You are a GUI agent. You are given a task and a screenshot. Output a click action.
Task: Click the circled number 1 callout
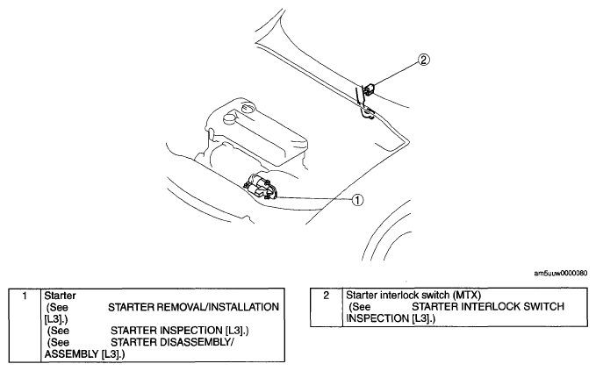(357, 199)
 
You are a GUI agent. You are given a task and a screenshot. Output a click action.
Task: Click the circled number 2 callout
(424, 60)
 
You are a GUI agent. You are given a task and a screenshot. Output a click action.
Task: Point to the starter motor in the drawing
(262, 186)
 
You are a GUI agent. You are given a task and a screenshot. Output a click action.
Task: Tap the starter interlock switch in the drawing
(369, 89)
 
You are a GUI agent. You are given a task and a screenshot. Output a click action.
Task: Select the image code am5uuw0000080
(561, 274)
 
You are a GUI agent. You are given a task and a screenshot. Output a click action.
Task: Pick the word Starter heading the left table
(60, 296)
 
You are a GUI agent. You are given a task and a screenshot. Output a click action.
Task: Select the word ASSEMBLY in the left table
(71, 354)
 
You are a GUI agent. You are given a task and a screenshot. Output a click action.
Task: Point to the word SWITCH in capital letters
(544, 306)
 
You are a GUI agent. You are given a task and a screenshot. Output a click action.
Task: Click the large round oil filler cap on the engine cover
(230, 118)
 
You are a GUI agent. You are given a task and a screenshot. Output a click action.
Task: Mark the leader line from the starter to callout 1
(315, 198)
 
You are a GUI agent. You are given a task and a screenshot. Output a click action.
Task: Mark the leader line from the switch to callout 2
(395, 75)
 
